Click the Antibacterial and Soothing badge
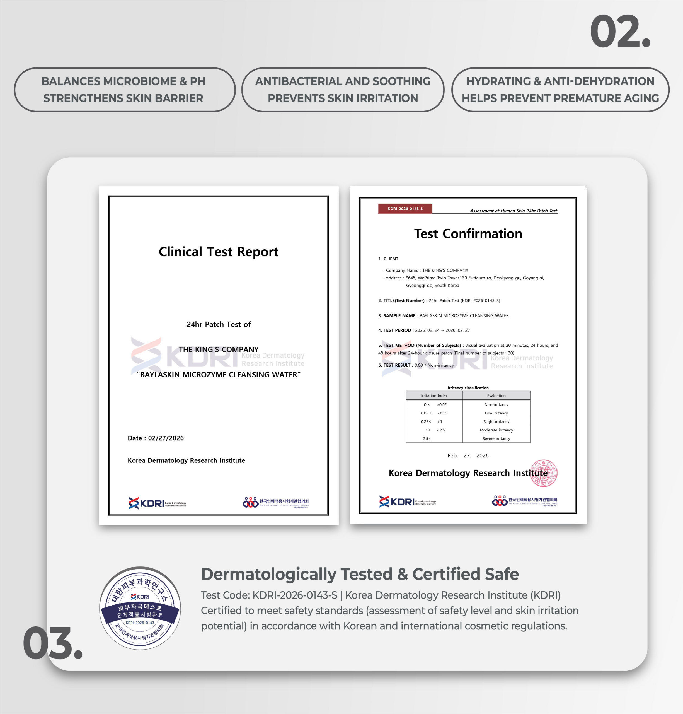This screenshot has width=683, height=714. [x=343, y=90]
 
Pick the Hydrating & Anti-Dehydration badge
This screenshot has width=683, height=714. [x=560, y=90]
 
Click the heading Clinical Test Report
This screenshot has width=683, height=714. [x=219, y=252]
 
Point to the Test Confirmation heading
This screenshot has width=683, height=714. [x=468, y=233]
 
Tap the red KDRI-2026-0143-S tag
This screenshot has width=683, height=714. [x=405, y=209]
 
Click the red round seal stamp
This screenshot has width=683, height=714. [x=544, y=473]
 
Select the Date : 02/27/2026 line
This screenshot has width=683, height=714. [x=156, y=438]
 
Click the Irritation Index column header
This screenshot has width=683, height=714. [x=434, y=395]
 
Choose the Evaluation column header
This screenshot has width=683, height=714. [x=496, y=395]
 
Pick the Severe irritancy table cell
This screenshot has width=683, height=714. [x=496, y=439]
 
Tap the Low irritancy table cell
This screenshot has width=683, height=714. [x=496, y=413]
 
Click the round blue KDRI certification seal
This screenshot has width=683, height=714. [x=140, y=608]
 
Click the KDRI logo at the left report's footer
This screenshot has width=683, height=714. [x=157, y=503]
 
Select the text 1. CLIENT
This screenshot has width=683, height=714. [x=388, y=259]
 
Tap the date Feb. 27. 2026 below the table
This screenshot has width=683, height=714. [x=468, y=456]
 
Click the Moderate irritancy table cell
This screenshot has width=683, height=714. [x=496, y=430]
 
